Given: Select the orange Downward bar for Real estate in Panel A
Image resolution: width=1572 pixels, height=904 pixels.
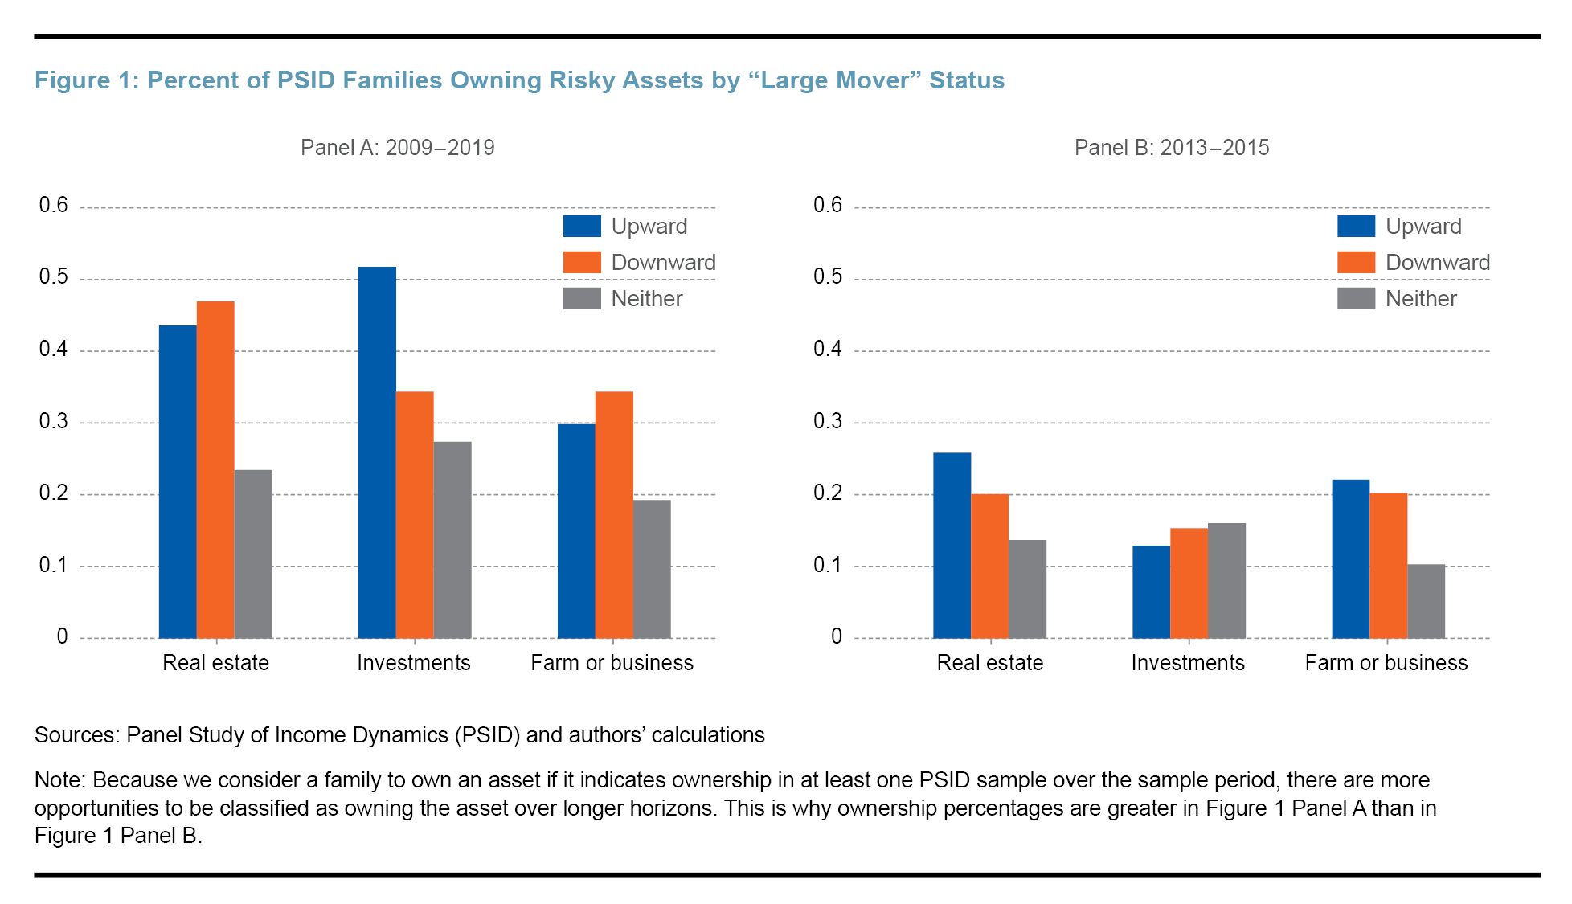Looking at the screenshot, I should coord(215,469).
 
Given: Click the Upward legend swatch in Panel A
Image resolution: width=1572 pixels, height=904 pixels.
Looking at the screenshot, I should coord(582,227).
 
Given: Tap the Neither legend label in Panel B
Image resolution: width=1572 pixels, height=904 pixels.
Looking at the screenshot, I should coord(1420,299).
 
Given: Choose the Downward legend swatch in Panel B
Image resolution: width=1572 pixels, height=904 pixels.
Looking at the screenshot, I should coord(1356,263).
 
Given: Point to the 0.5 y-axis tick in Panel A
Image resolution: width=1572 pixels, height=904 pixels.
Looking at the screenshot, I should coord(54,277).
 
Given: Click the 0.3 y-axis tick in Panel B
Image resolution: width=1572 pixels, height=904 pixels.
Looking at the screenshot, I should coord(827,421).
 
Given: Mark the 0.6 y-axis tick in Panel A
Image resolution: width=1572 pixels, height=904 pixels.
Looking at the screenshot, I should coord(54,206).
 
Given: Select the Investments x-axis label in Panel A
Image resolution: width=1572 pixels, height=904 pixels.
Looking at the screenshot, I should coord(413,663).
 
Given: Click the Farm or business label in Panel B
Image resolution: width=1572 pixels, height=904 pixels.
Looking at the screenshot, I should coord(1386,663).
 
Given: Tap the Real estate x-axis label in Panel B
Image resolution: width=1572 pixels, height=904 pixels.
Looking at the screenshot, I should coord(989,663).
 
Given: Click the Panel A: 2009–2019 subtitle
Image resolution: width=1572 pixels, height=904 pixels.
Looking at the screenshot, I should coord(397,148).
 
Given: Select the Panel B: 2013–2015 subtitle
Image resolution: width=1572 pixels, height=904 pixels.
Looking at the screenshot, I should coord(1171,148).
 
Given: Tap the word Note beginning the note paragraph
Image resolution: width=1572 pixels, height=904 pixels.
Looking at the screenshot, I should coord(59,780).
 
